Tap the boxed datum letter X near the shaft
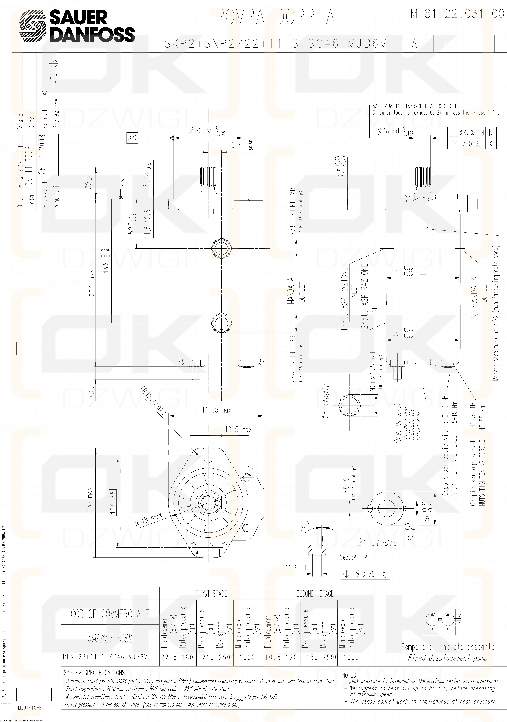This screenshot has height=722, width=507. (132, 138)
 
